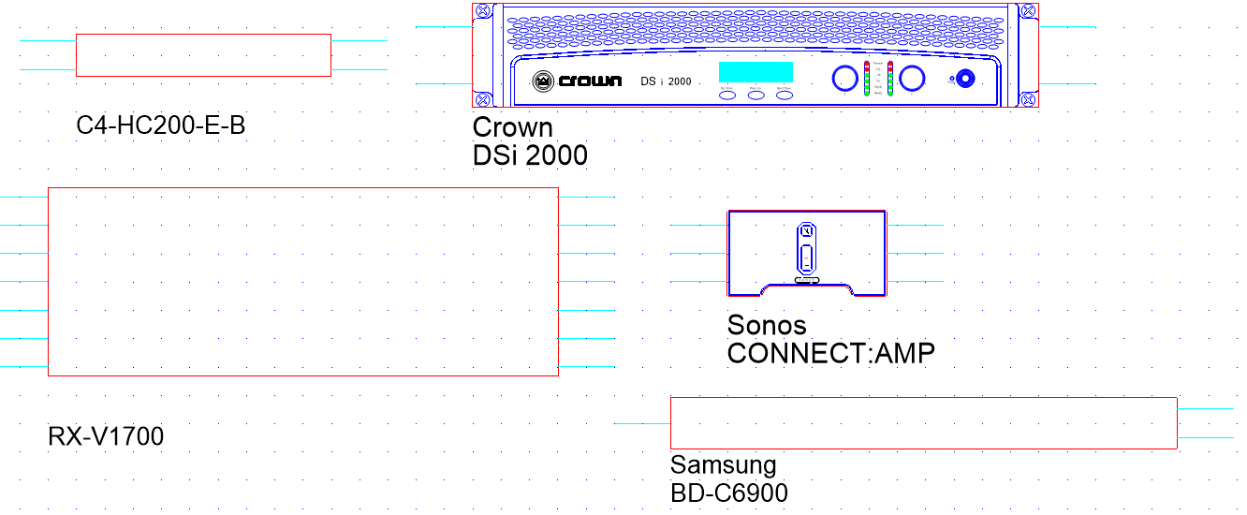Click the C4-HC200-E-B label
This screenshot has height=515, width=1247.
(x=161, y=125)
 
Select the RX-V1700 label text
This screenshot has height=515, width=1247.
(x=106, y=436)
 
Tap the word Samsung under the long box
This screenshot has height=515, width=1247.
(x=723, y=465)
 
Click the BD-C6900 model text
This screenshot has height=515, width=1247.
(x=728, y=493)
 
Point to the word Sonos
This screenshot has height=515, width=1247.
(x=766, y=326)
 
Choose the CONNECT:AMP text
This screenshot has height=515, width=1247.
(x=830, y=354)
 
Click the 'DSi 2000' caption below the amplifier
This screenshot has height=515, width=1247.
(x=530, y=155)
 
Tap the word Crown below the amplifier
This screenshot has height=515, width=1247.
(x=512, y=127)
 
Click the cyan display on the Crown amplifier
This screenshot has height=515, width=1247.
(x=756, y=72)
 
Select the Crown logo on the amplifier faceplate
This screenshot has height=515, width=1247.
(x=577, y=81)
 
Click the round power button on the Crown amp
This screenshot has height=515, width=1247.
(x=964, y=79)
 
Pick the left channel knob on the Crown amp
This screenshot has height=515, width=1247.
(x=844, y=79)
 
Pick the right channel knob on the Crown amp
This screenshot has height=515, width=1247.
(x=914, y=79)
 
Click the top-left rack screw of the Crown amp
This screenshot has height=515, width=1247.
(x=482, y=11)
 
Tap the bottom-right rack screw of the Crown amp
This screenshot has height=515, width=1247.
(x=1027, y=98)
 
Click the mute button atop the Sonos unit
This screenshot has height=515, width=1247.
(x=806, y=230)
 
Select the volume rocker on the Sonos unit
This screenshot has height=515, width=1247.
(x=806, y=257)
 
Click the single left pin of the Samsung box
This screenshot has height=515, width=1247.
(x=642, y=424)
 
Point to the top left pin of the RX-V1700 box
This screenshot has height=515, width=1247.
(x=23, y=198)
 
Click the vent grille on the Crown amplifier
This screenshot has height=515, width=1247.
(x=749, y=36)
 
